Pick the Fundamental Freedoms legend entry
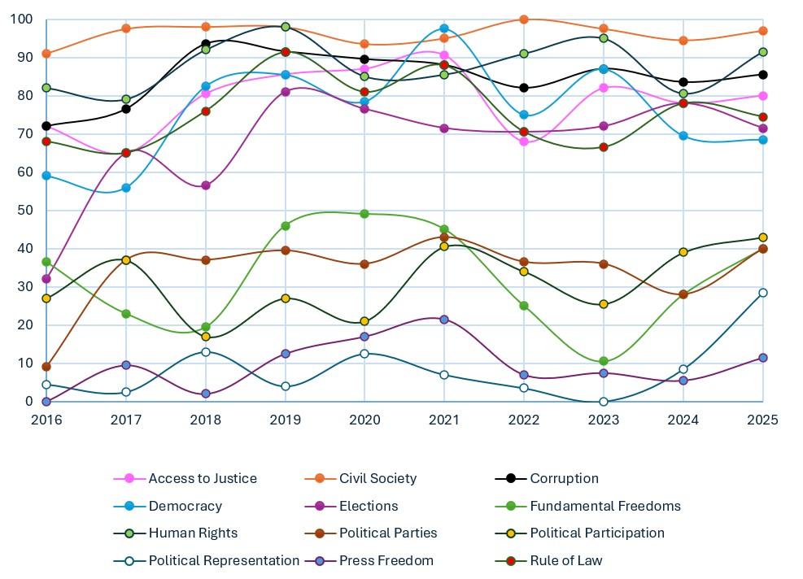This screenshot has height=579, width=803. (604, 506)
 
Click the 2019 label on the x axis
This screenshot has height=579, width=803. (286, 420)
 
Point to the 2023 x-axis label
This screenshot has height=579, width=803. (604, 420)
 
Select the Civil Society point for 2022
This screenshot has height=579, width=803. (524, 20)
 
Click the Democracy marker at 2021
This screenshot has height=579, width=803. (444, 28)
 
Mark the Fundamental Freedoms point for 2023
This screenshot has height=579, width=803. (604, 361)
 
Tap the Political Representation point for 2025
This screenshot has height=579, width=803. (763, 293)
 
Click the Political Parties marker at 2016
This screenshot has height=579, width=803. (46, 367)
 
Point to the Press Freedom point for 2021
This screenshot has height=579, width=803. (444, 320)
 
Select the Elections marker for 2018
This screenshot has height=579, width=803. (206, 185)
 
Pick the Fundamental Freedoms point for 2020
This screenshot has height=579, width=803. (364, 214)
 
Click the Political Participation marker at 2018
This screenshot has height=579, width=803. (206, 337)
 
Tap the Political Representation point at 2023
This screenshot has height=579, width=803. (604, 402)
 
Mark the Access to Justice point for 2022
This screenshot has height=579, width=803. (524, 141)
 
